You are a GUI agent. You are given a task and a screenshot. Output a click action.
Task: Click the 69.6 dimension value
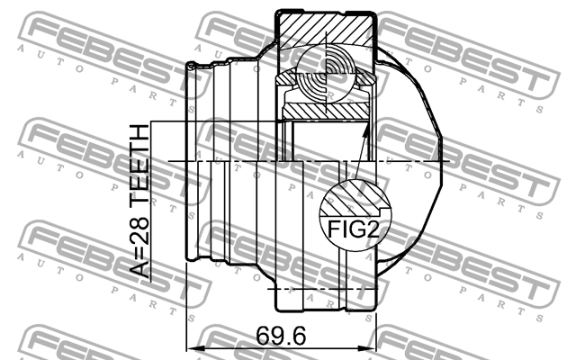click(280, 335)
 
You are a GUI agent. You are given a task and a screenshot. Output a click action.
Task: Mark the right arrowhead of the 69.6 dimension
click(371, 346)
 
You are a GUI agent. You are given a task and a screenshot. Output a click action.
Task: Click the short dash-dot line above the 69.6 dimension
click(324, 290)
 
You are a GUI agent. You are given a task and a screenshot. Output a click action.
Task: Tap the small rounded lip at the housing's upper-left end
click(191, 66)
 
